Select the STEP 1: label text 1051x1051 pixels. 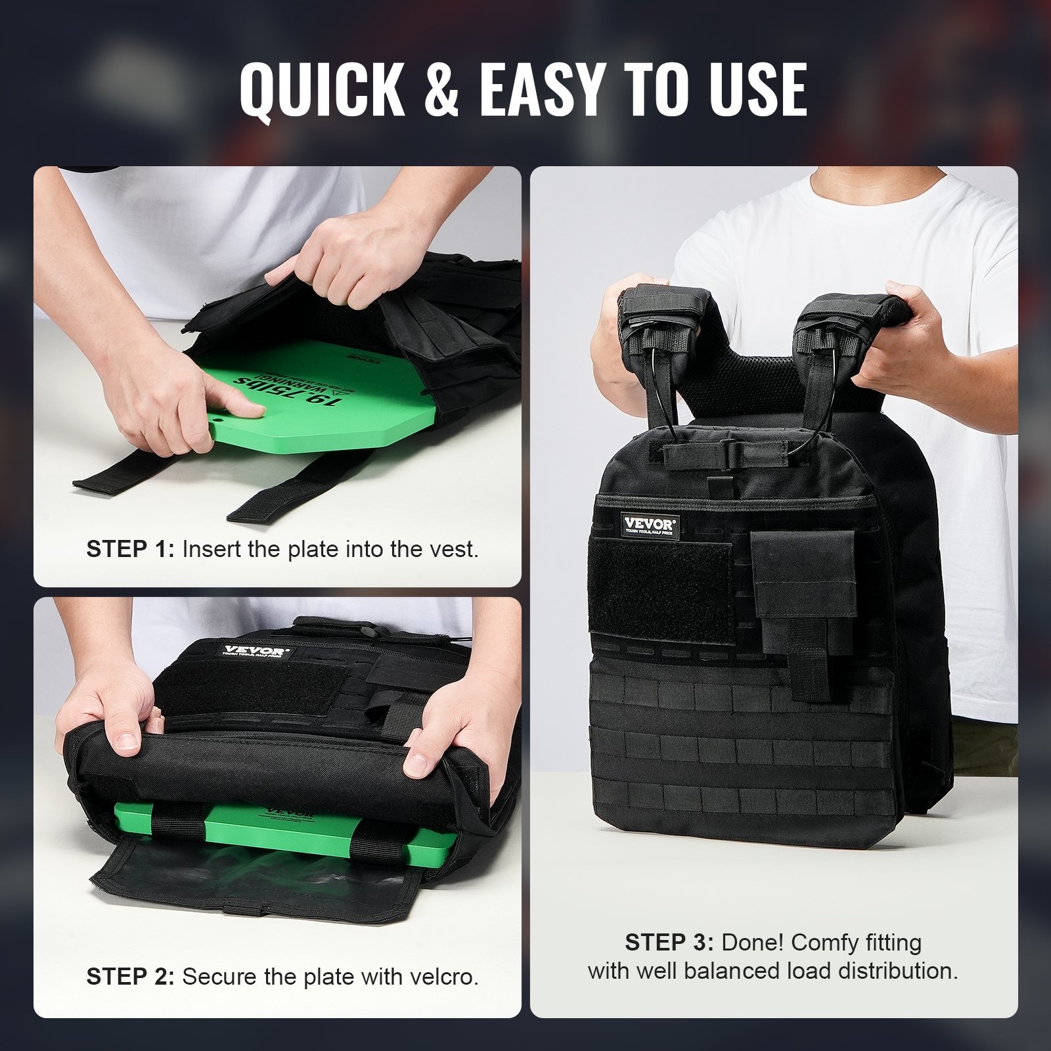coord(130,549)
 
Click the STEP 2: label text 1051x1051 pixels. coord(130,977)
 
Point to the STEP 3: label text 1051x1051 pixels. coord(669,943)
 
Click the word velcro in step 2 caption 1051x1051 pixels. coord(441,977)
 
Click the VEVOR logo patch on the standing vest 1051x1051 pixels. coord(649,525)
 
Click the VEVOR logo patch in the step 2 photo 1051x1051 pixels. coord(255,652)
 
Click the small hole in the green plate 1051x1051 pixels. coord(218,416)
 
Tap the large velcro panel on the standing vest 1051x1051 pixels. coord(660,591)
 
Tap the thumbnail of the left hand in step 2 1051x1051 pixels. coord(125,742)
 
